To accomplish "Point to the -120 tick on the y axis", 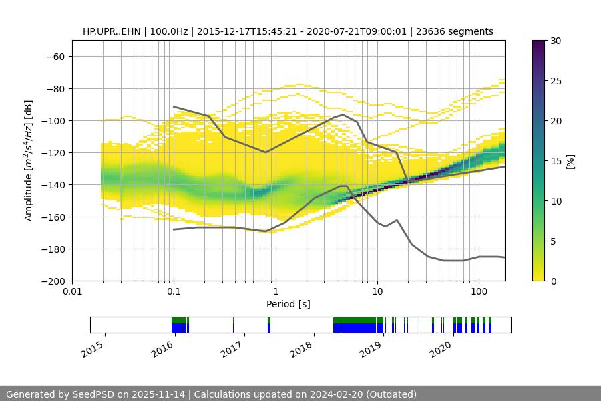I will (53, 152).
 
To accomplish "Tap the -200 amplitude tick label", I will (53, 281).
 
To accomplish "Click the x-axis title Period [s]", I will (288, 304).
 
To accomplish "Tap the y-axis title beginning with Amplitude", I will (29, 160).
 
